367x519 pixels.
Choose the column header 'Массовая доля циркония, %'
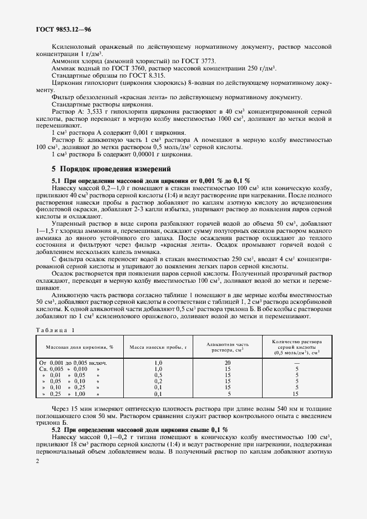pyautogui.click(x=76, y=347)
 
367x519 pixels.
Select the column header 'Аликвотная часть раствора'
pyautogui.click(x=228, y=347)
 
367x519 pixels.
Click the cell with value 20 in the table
pyautogui.click(x=228, y=362)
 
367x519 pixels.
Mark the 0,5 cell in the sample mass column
pyautogui.click(x=158, y=375)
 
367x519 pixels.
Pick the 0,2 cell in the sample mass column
pyautogui.click(x=158, y=381)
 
